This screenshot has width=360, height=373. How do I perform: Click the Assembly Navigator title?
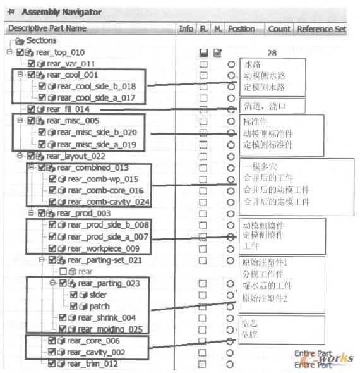(61, 12)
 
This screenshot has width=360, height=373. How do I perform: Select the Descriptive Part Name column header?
(47, 28)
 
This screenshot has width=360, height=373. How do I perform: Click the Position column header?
(241, 28)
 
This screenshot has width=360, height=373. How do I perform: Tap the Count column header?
(279, 28)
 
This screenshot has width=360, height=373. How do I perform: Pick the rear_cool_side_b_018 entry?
(96, 86)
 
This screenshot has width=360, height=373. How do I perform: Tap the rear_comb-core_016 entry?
(105, 190)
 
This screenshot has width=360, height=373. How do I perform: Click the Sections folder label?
(41, 40)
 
